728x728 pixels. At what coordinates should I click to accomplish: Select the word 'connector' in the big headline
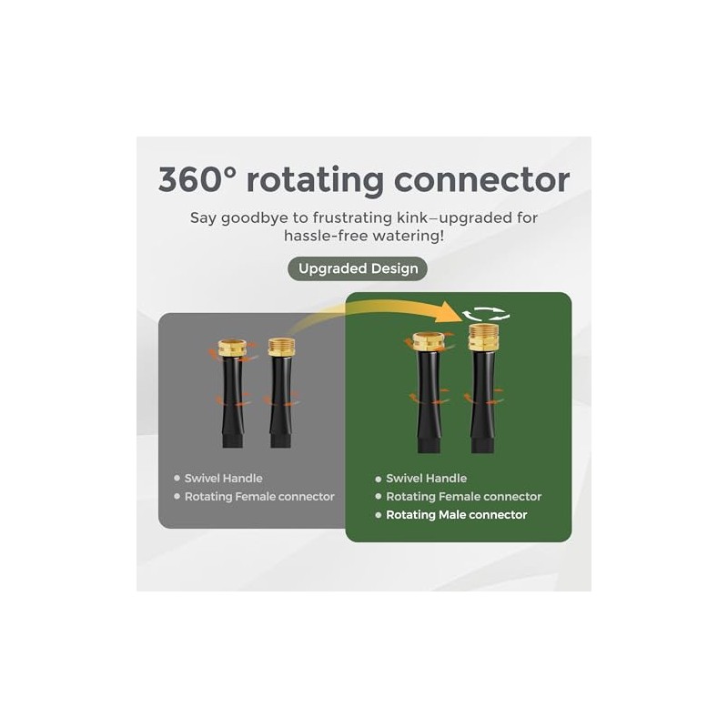coord(482,180)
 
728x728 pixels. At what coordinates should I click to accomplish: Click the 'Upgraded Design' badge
coord(358,268)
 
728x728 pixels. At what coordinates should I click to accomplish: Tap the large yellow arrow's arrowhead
coord(451,311)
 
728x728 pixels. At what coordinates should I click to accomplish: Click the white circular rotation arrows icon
coord(486,314)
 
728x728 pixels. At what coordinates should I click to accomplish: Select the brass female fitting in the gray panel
coord(232,349)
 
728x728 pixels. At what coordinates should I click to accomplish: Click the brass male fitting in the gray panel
coord(281,347)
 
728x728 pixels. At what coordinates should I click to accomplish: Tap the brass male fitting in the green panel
coord(483,337)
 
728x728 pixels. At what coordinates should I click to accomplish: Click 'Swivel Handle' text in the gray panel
coord(223,479)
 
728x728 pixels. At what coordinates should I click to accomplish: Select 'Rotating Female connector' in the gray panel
coord(259,497)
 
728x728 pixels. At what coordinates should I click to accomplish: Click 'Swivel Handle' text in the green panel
coord(426,479)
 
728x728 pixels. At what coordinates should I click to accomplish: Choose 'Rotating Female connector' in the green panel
coord(464,497)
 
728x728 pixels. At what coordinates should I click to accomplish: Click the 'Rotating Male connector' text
coord(457,515)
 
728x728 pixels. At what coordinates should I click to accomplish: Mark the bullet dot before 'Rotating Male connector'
coord(379,515)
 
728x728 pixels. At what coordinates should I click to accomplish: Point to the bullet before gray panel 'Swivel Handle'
coord(177,479)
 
